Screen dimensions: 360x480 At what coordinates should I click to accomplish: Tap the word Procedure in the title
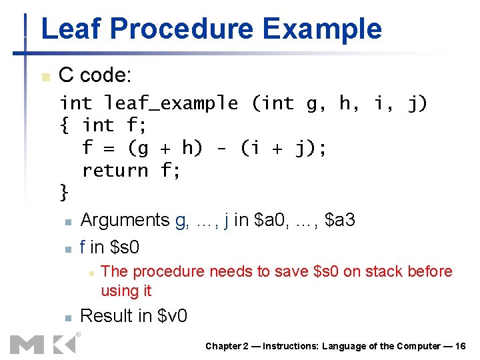pyautogui.click(x=180, y=29)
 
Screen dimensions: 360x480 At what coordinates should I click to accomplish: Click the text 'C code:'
pyautogui.click(x=93, y=75)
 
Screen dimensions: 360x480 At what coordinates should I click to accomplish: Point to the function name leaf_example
pyautogui.click(x=171, y=103)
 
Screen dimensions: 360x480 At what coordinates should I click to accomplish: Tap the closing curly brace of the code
pyautogui.click(x=64, y=193)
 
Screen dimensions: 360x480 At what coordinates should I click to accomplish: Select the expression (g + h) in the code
pyautogui.click(x=165, y=148)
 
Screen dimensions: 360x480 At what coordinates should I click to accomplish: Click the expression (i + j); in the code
pyautogui.click(x=284, y=148)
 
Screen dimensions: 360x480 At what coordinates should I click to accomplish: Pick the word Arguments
pyautogui.click(x=125, y=220)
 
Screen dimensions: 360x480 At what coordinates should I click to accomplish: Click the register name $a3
pyautogui.click(x=340, y=220)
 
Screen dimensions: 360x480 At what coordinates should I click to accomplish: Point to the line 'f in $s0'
pyautogui.click(x=109, y=247)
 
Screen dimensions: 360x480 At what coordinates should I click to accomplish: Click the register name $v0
pyautogui.click(x=173, y=316)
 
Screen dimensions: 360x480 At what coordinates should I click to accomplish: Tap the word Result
pyautogui.click(x=107, y=316)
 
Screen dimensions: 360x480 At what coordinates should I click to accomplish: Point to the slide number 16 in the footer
pyautogui.click(x=459, y=346)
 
